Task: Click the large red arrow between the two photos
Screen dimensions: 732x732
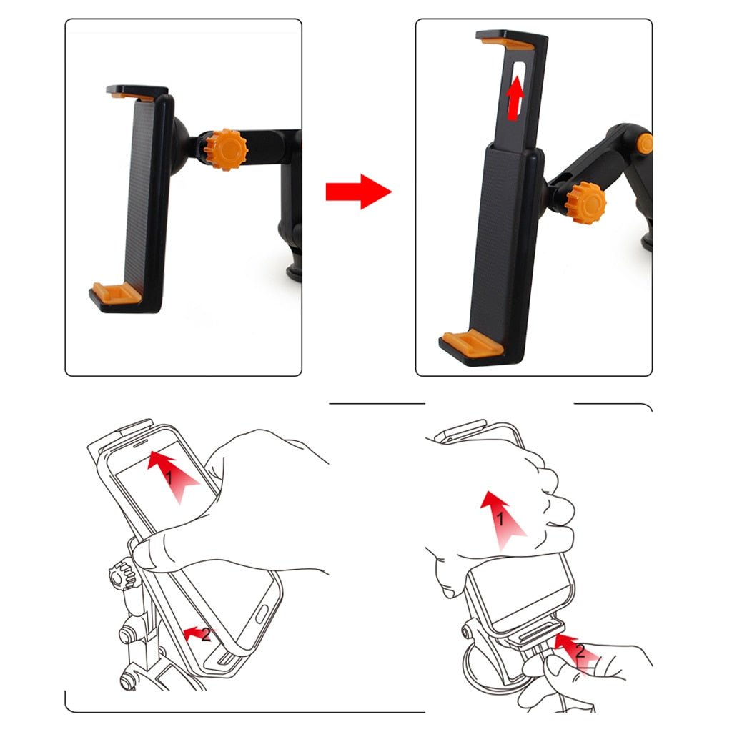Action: [357, 192]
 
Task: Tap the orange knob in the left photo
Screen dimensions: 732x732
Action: [226, 149]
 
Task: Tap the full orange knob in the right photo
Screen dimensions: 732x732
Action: [585, 203]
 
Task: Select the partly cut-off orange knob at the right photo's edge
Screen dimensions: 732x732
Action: [645, 144]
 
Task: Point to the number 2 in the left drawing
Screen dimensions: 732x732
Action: [206, 634]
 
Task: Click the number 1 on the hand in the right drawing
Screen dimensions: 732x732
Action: [501, 520]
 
